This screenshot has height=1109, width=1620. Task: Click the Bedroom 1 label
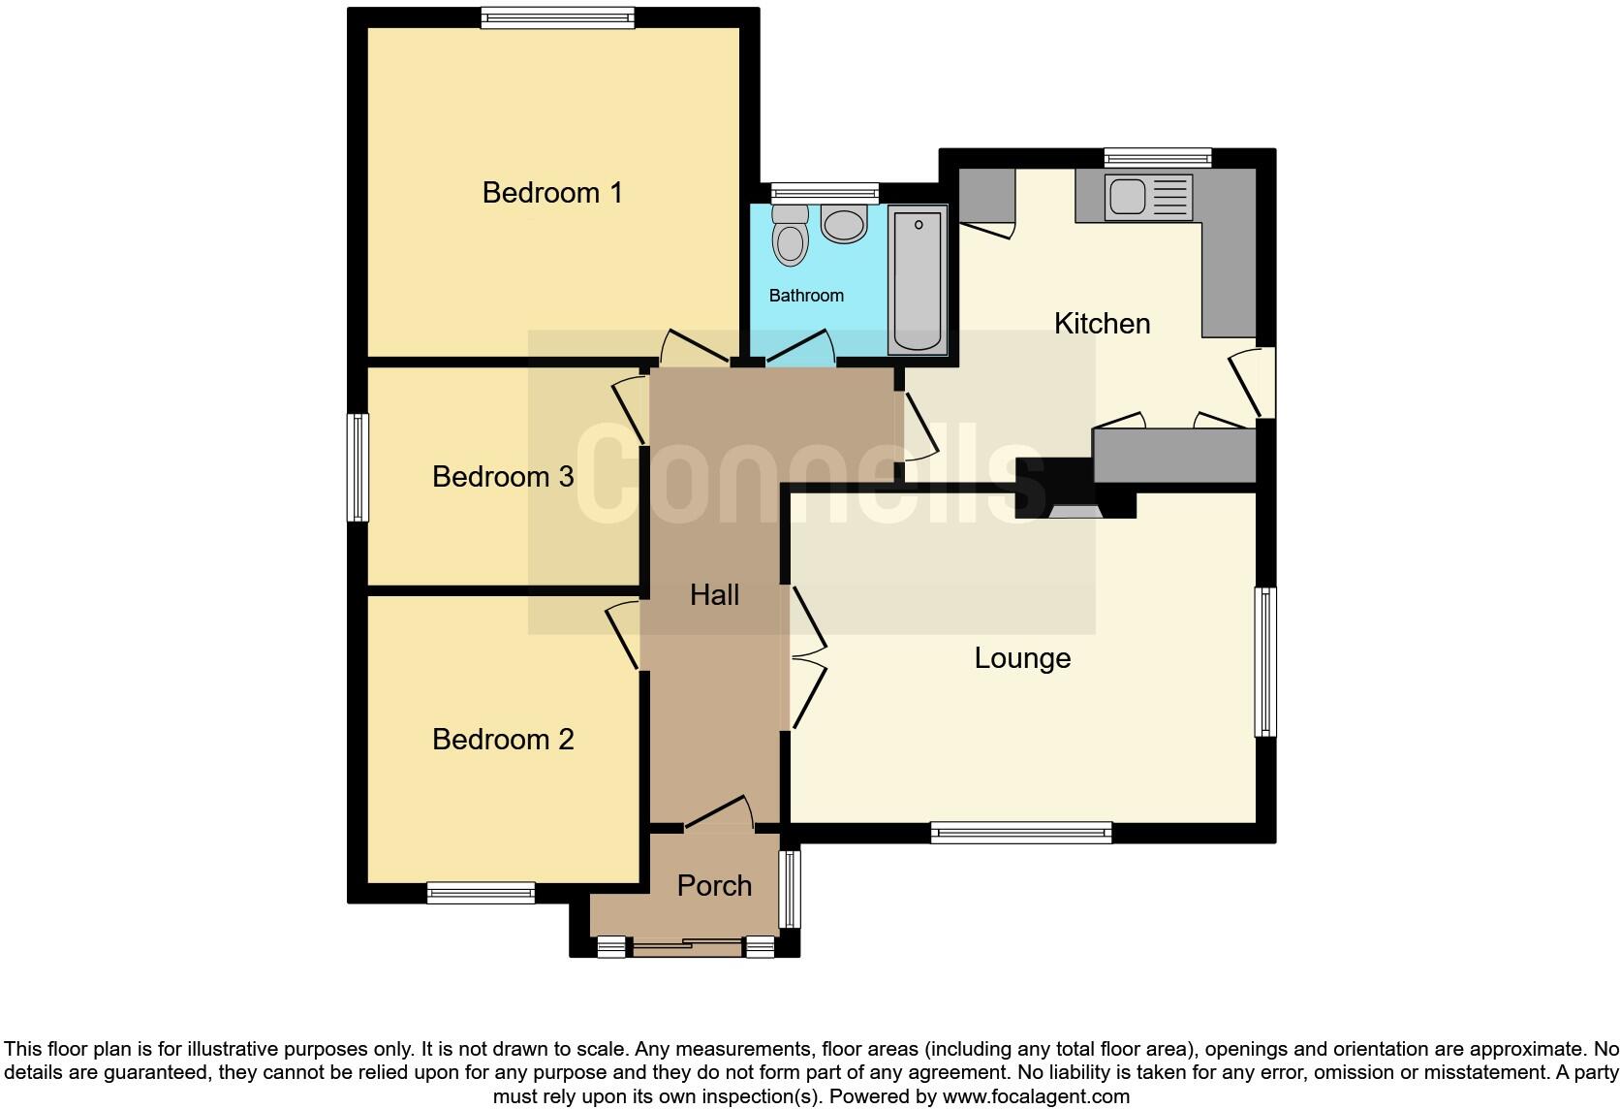[552, 192]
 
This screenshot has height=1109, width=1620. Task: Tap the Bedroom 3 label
[502, 476]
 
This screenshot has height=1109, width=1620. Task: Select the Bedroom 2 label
[502, 739]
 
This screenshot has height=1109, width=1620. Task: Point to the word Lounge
[1022, 658]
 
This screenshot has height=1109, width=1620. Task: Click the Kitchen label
[1102, 323]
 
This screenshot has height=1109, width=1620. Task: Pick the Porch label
[714, 885]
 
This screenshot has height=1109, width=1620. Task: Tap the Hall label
[714, 594]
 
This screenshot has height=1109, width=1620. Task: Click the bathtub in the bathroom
[917, 281]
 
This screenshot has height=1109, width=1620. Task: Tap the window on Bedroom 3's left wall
[358, 467]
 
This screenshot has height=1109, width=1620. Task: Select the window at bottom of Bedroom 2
[481, 893]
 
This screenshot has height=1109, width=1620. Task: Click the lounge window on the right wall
[1265, 661]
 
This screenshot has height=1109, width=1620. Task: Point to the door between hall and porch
[719, 815]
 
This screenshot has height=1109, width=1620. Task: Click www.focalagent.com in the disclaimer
[1035, 1096]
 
